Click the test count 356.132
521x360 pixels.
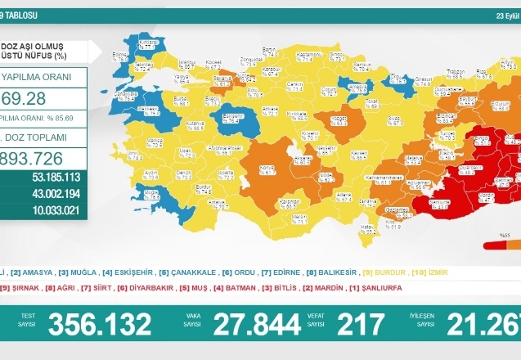coord(99,325)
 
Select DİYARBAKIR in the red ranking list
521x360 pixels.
coord(159,290)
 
